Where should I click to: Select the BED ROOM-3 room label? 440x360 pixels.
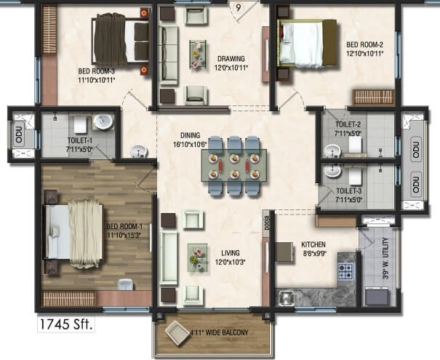pos(100,71)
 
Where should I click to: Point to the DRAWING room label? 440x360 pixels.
pos(230,59)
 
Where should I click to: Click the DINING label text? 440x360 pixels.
pos(191,135)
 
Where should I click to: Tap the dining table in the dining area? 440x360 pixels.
pos(233,164)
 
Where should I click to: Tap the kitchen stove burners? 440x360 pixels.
pos(345,272)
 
